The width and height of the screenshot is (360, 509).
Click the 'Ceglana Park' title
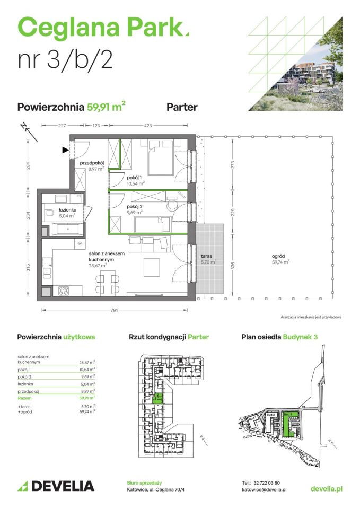103,26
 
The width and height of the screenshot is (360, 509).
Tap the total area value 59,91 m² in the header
106,107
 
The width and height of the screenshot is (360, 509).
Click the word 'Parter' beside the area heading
182,107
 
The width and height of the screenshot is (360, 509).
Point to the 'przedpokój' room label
91,163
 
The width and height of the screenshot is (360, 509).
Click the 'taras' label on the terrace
207,256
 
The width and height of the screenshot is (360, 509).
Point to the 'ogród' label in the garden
280,256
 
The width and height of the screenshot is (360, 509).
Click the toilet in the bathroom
49,214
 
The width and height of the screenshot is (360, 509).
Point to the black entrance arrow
66,150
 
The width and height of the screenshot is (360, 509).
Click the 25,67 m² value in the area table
86,362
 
